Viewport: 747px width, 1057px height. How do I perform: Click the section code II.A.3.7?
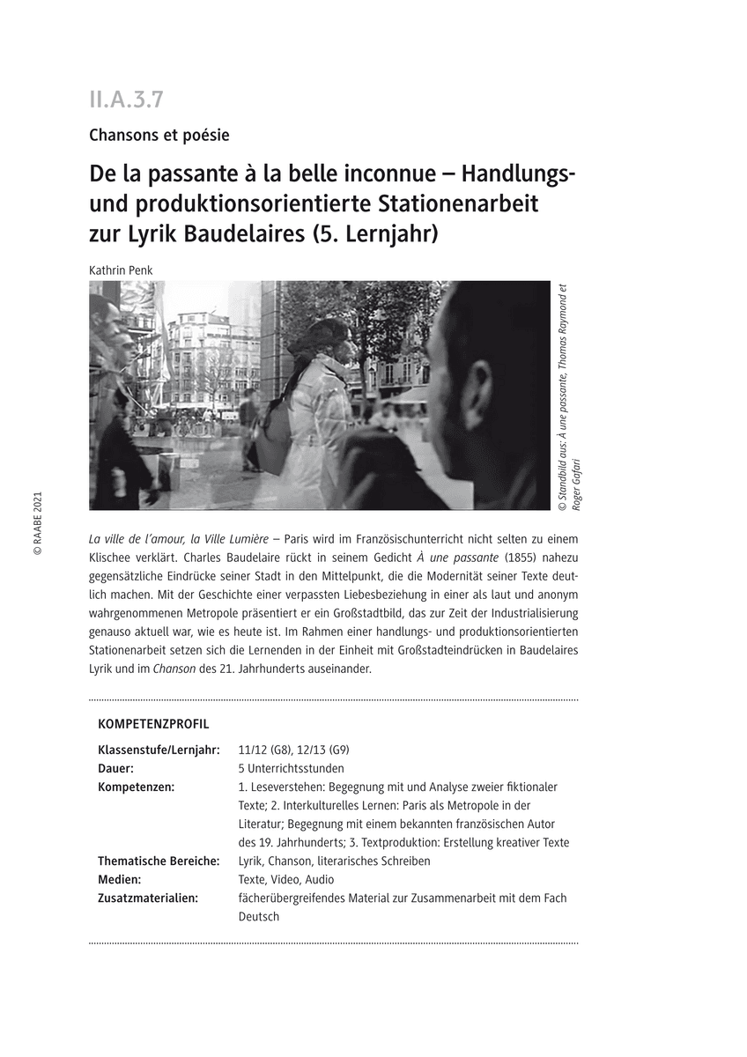pos(126,100)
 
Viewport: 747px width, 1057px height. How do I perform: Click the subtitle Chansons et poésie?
pos(159,135)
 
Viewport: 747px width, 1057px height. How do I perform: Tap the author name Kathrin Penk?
pos(121,270)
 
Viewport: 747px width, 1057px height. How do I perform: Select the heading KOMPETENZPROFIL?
pos(153,724)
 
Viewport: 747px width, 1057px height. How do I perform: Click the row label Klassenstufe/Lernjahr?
pos(159,750)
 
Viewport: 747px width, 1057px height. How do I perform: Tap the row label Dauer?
pos(116,768)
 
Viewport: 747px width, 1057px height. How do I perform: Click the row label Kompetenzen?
pos(136,787)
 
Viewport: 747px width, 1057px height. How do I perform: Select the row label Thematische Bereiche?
pos(159,861)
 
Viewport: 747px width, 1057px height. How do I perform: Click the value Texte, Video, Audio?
pos(286,879)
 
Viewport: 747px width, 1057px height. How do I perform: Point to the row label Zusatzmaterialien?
pos(147,898)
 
